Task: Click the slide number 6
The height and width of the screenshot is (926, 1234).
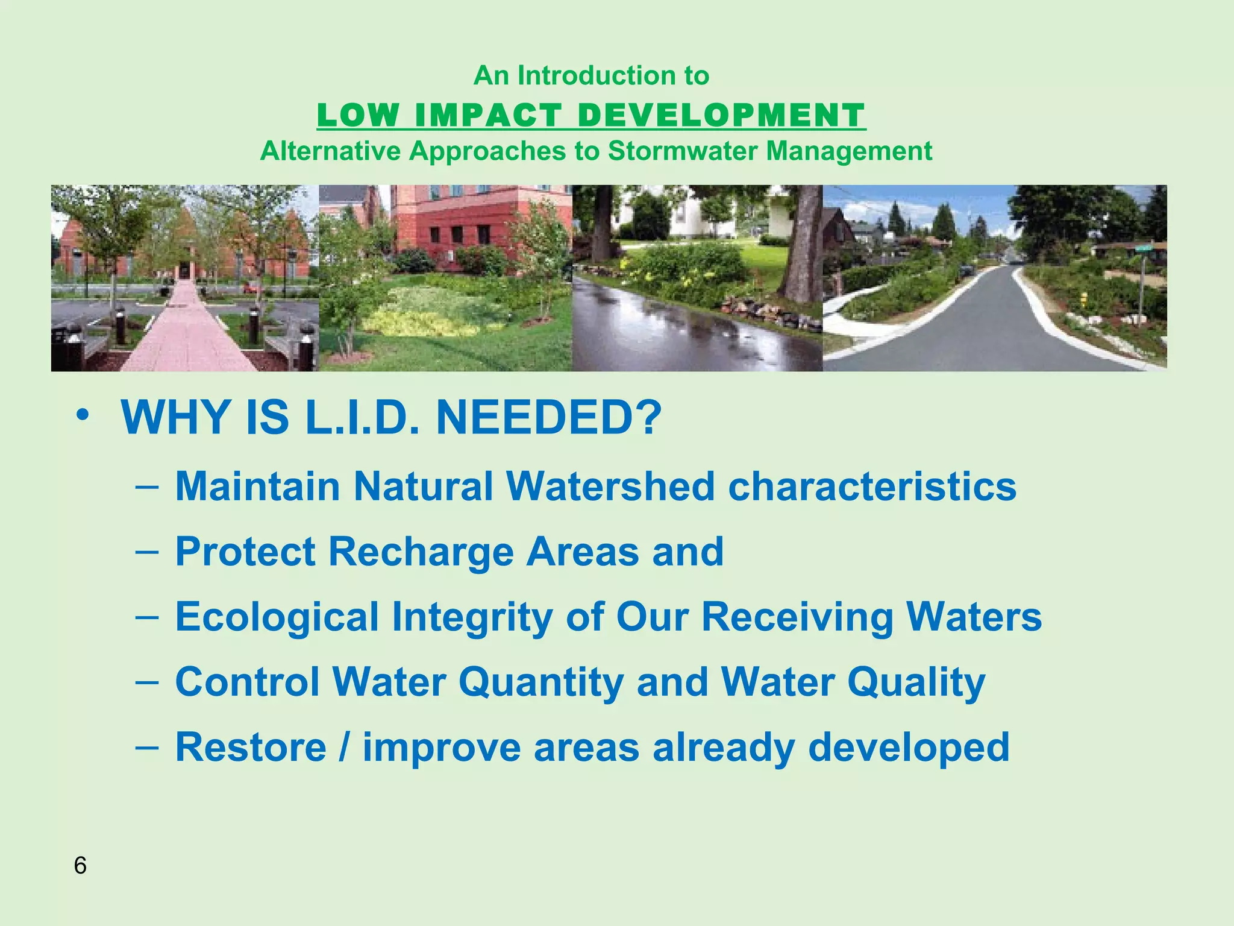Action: pos(80,866)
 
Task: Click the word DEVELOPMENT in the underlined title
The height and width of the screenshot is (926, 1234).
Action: pos(721,115)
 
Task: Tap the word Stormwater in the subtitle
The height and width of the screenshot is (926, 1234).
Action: pos(683,151)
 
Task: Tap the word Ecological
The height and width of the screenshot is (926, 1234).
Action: pos(277,617)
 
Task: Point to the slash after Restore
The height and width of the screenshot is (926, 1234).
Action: pos(344,747)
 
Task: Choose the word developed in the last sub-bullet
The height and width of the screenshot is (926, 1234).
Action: pos(909,747)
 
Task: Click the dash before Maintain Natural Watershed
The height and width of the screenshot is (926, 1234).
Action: pos(147,486)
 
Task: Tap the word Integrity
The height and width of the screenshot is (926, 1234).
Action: pos(472,617)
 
